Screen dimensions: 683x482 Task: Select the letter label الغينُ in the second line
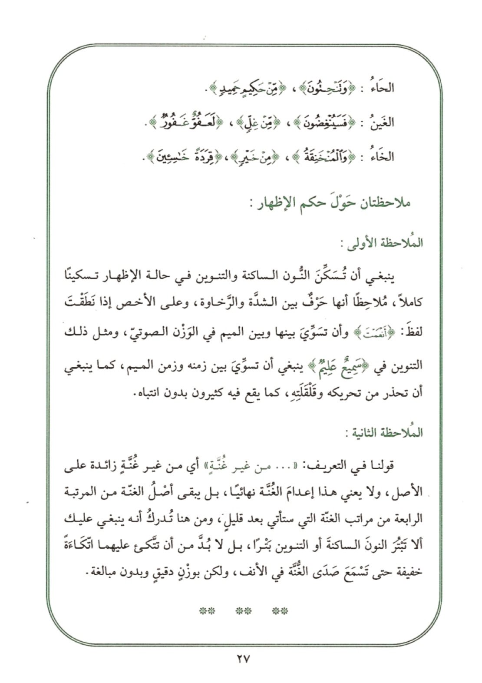382,123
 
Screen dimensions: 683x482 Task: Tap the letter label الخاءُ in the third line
382,156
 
